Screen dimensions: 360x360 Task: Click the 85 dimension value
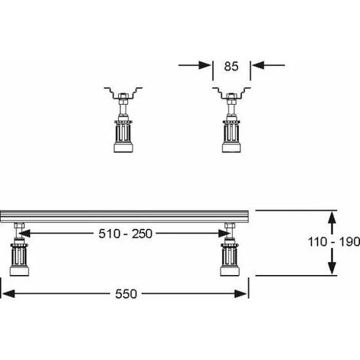(231, 67)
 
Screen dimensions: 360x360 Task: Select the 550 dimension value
(126, 294)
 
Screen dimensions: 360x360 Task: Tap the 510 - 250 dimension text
(126, 234)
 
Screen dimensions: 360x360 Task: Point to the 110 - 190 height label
(334, 242)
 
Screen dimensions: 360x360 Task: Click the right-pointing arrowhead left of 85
(205, 65)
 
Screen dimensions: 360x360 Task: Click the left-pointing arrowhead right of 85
(258, 65)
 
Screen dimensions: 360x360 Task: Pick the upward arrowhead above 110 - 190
(332, 218)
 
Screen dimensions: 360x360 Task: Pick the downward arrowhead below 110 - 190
(332, 267)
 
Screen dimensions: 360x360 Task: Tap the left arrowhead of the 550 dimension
(8, 294)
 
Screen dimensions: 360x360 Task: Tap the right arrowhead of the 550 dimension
(241, 294)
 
